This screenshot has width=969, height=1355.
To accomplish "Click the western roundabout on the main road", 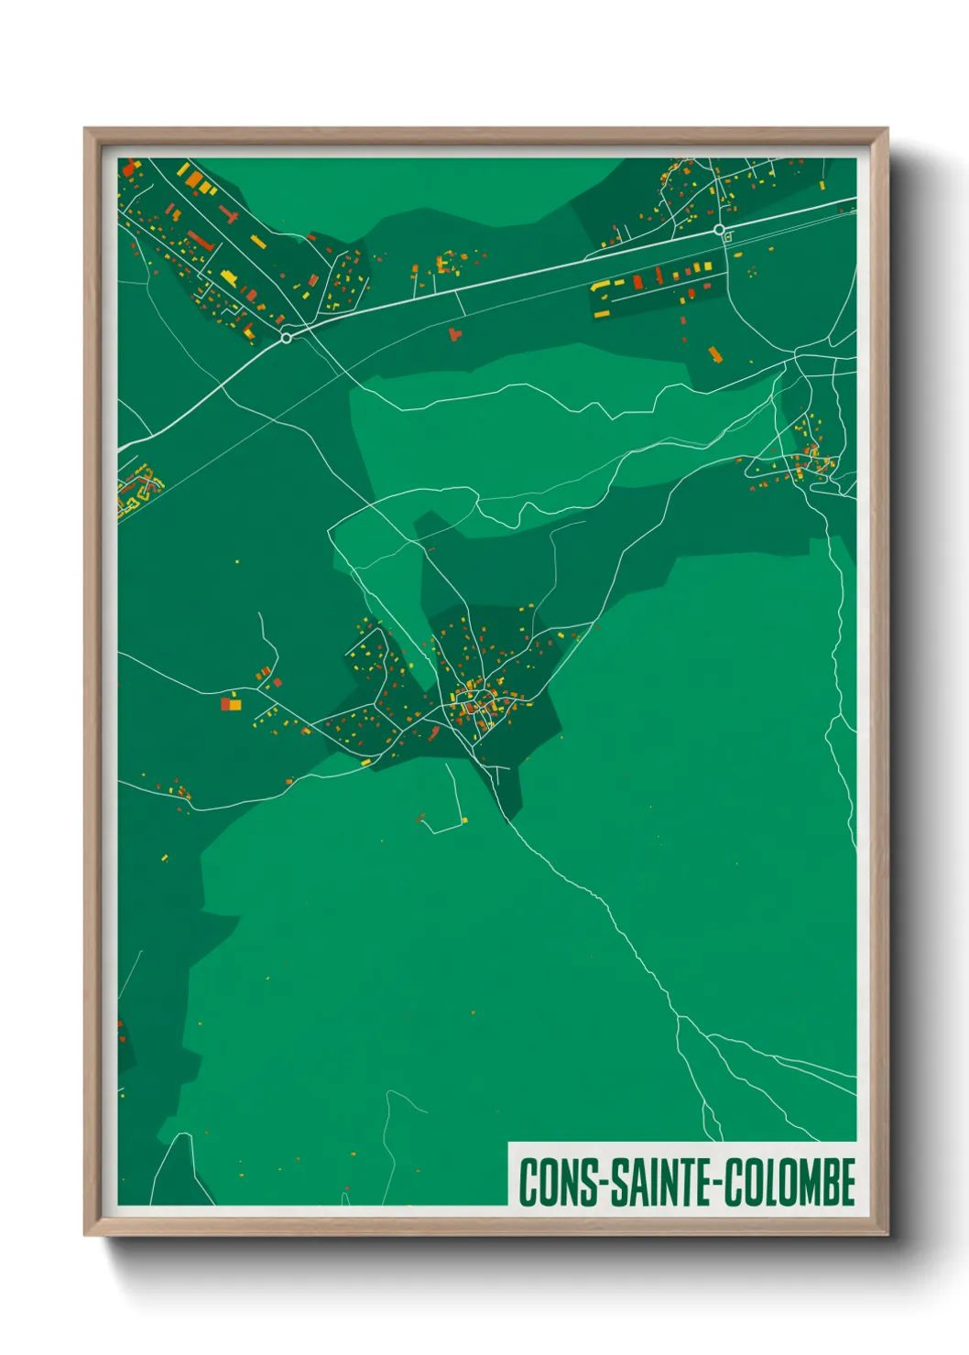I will pyautogui.click(x=287, y=338).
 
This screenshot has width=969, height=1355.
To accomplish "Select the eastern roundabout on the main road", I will pyautogui.click(x=719, y=230).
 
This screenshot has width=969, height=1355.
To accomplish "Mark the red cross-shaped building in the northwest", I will pyautogui.click(x=228, y=215).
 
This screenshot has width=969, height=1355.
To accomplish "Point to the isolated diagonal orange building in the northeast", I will pyautogui.click(x=714, y=352).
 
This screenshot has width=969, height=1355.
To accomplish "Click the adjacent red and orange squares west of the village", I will pyautogui.click(x=230, y=704).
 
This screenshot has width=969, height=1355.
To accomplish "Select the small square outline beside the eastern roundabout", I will pyautogui.click(x=728, y=237).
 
